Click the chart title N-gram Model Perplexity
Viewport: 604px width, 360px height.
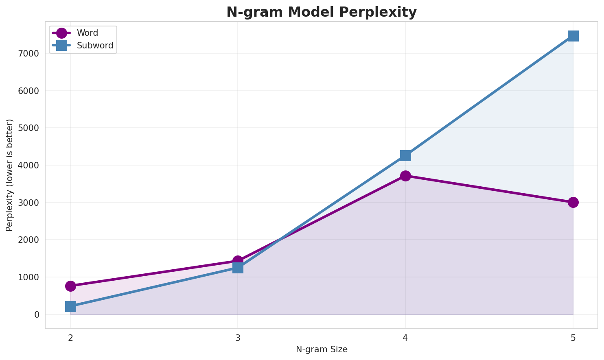(x=321, y=12)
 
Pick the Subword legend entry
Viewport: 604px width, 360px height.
(x=95, y=46)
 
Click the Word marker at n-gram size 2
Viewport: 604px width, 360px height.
(x=70, y=286)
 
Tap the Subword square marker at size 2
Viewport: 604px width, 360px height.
(x=70, y=306)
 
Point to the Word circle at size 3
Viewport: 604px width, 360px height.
(x=238, y=261)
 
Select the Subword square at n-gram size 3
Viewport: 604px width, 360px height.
(x=238, y=268)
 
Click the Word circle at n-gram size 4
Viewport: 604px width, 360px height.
(x=405, y=176)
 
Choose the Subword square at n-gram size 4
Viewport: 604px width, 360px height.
(x=405, y=155)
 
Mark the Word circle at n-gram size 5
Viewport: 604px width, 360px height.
(x=573, y=202)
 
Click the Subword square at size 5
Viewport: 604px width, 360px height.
(x=573, y=36)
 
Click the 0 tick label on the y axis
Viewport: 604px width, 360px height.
(x=37, y=314)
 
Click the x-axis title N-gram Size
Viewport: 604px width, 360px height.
(x=322, y=349)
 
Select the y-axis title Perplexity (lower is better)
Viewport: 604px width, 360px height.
(x=10, y=175)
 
